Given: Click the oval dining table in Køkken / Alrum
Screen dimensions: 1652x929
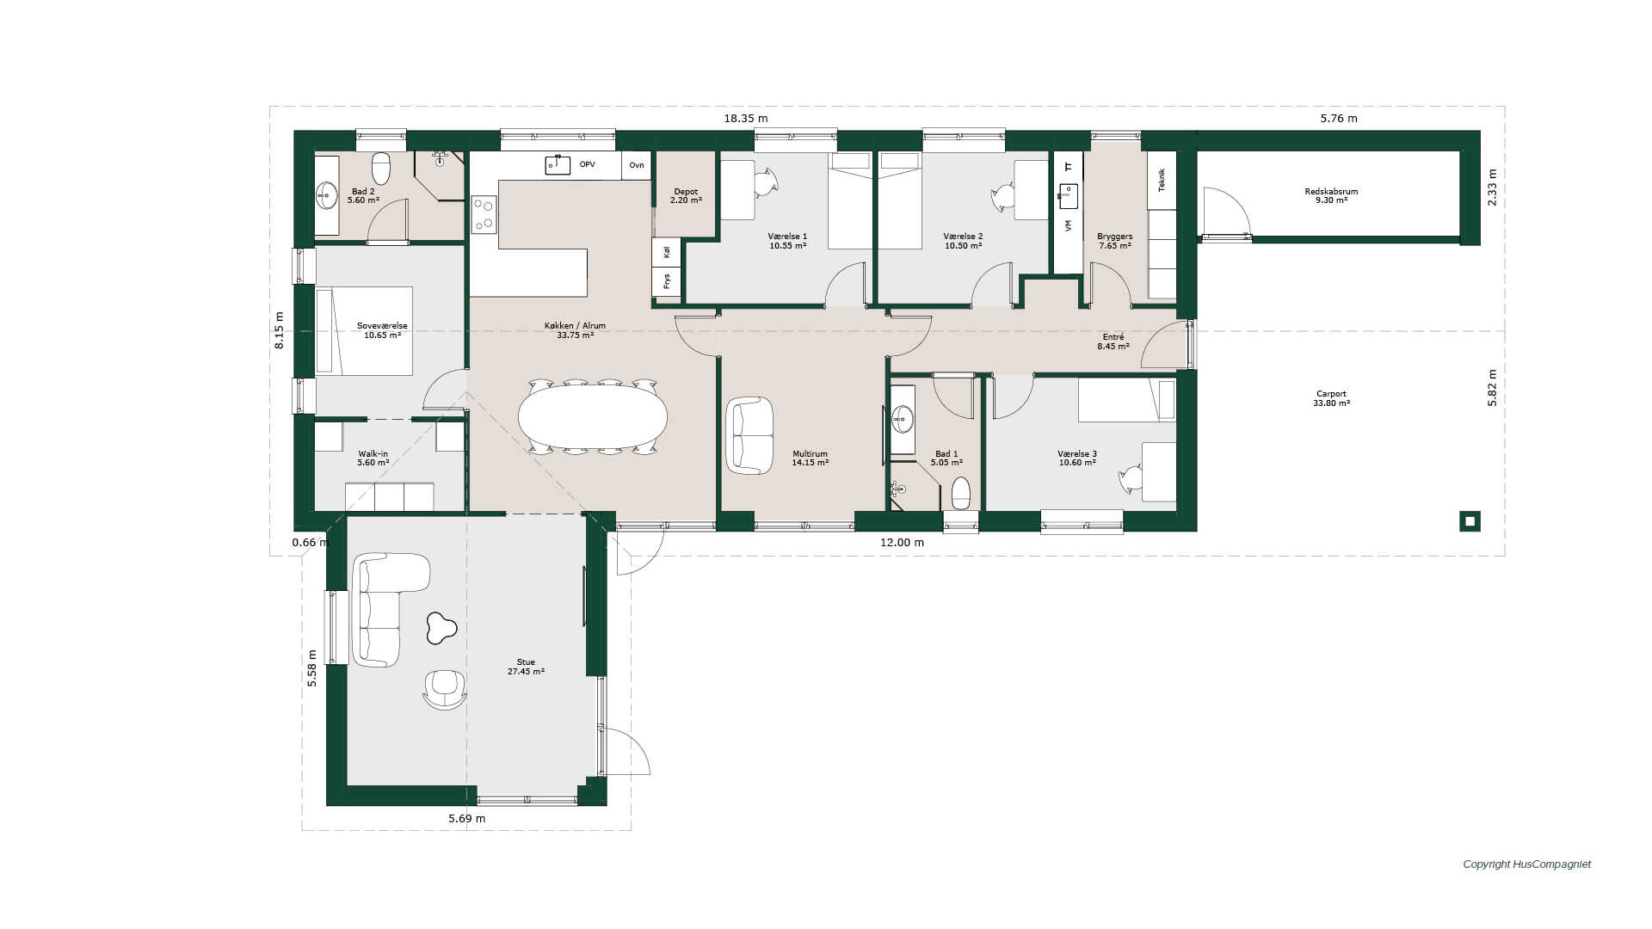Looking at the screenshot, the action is coord(592,416).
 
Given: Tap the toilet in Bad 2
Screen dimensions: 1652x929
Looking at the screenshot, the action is coord(380,169).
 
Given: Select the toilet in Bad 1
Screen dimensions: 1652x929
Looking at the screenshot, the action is coord(961,494).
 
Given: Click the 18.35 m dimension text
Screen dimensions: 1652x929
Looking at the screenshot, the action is coord(745,119).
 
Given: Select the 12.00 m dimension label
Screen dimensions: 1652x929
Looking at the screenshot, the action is coord(902,543).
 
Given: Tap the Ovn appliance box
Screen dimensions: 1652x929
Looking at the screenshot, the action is coord(637,165).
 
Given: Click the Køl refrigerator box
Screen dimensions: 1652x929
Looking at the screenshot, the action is coord(666,252).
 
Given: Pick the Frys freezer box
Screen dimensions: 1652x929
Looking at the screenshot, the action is coord(666,281).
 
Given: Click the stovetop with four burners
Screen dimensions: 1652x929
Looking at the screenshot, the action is coord(484,214).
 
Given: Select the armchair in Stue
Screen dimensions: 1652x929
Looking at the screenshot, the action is coord(445,689).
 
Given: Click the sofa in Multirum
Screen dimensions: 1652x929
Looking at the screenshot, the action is coord(749,435).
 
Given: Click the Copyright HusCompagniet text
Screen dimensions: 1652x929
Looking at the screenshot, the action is coord(1527,864).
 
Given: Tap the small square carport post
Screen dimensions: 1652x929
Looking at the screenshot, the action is coord(1470,521).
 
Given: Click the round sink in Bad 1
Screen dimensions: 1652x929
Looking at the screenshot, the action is coord(902,420).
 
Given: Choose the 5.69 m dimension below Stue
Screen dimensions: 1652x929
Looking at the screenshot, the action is coord(466,819).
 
